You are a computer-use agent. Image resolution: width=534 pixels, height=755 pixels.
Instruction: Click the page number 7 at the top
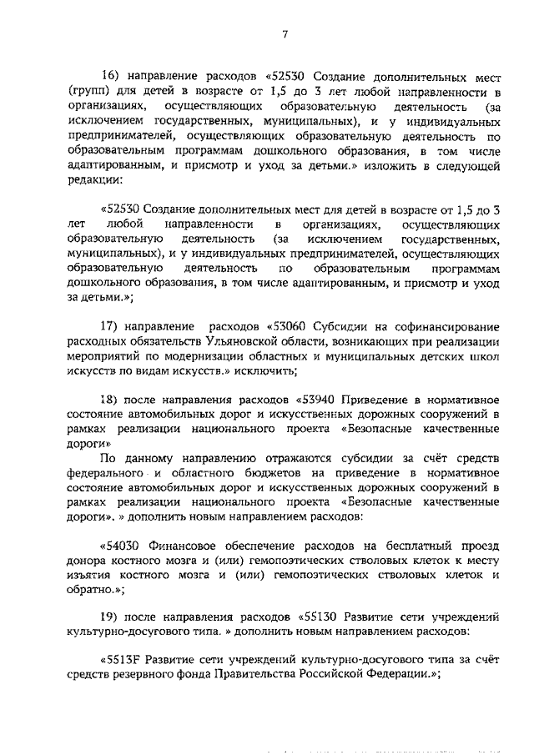[x=285, y=34]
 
